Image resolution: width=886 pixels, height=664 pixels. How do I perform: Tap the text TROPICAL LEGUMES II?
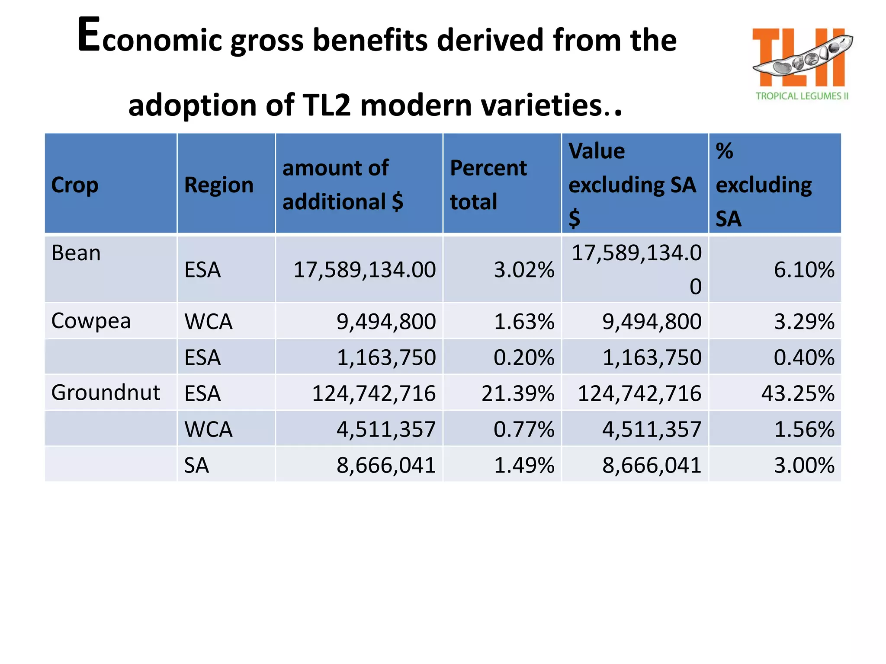[x=802, y=96]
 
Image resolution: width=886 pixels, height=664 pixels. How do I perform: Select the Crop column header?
[x=75, y=185]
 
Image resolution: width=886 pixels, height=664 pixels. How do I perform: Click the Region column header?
[x=219, y=185]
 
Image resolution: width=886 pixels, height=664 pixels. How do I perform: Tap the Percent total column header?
[x=488, y=185]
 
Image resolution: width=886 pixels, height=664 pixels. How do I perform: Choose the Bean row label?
[x=76, y=253]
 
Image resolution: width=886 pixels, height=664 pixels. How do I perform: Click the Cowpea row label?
[x=91, y=321]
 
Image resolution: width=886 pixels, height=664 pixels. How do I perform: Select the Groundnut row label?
[x=106, y=393]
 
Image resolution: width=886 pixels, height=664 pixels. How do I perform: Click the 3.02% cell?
[x=524, y=270]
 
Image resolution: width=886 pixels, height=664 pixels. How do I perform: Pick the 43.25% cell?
[x=797, y=393]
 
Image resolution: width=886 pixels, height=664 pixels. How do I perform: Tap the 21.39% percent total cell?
[x=517, y=393]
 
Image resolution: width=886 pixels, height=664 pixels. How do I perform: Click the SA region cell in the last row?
[x=196, y=466]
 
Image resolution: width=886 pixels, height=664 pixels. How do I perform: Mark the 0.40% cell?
[x=803, y=358]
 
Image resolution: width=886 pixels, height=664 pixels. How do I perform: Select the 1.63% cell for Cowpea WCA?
[x=524, y=322]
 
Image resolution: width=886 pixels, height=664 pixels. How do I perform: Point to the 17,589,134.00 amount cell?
[x=364, y=270]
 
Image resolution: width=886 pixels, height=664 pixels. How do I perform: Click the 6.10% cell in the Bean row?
[x=803, y=270]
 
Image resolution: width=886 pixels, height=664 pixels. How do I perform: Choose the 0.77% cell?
[x=524, y=429]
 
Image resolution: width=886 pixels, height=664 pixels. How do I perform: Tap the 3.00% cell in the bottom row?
[x=803, y=466]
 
